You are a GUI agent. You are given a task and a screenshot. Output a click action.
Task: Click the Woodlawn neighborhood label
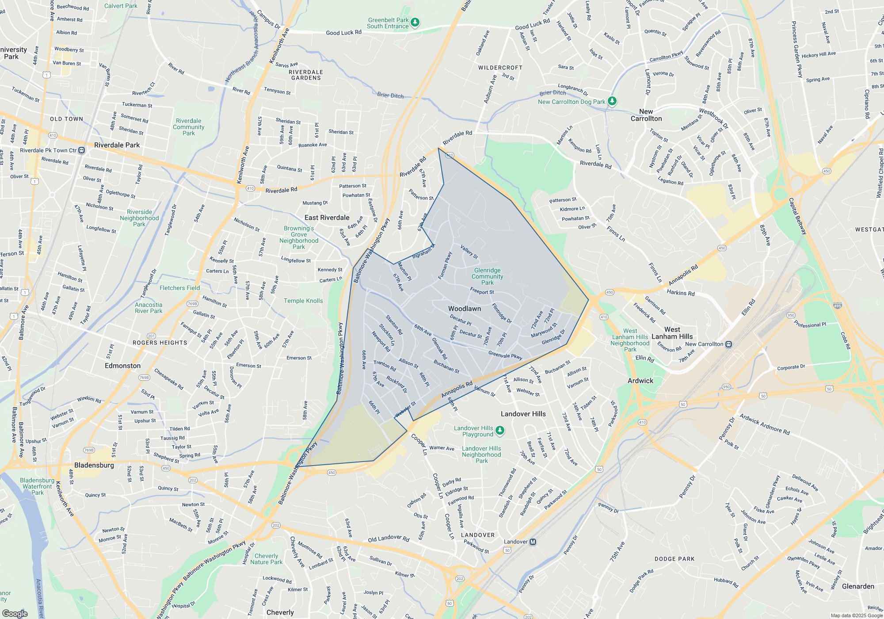(464, 309)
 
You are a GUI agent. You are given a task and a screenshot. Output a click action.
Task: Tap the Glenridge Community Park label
(487, 276)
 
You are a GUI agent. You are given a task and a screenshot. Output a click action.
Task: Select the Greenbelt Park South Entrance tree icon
(415, 22)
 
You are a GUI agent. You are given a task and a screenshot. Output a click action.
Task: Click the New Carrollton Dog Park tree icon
(612, 101)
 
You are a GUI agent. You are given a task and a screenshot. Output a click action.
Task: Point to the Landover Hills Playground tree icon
(499, 430)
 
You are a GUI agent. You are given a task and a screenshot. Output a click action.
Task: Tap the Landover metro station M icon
(533, 542)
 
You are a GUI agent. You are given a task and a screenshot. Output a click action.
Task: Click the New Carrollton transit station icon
(728, 344)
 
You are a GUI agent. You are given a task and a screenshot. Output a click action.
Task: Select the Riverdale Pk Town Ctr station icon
(82, 150)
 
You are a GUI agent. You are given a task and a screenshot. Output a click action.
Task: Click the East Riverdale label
(327, 218)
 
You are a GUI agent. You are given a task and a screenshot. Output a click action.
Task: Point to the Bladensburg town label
(94, 465)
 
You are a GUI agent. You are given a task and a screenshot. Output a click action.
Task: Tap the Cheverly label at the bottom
(280, 612)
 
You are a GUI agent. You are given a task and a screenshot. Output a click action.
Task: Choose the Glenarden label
(858, 586)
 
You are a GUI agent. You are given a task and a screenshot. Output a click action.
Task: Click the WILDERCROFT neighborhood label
(500, 68)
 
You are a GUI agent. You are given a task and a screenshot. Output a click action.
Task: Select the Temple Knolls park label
(303, 301)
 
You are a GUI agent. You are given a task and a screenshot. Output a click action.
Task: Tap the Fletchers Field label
(179, 288)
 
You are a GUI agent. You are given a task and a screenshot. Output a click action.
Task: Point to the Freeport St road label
(482, 291)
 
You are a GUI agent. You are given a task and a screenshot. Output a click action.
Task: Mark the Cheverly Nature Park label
(266, 559)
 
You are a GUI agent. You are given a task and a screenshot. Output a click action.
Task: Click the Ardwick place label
(640, 381)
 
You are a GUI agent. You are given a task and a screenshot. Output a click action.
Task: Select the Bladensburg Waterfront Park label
(37, 486)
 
